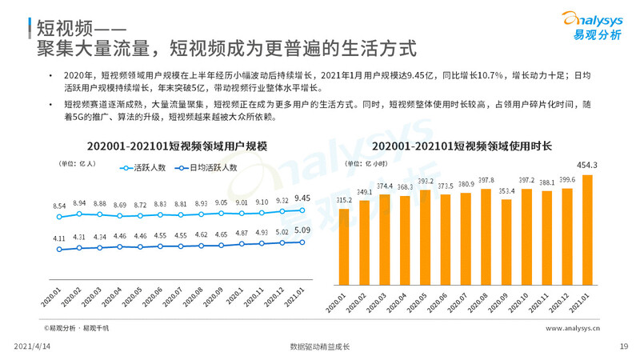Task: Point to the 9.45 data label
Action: point(302,198)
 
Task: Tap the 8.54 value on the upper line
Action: point(37,206)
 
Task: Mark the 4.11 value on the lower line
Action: point(37,238)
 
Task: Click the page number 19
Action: point(624,346)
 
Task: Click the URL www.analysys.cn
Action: point(573,328)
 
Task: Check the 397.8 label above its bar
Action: point(486,180)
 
